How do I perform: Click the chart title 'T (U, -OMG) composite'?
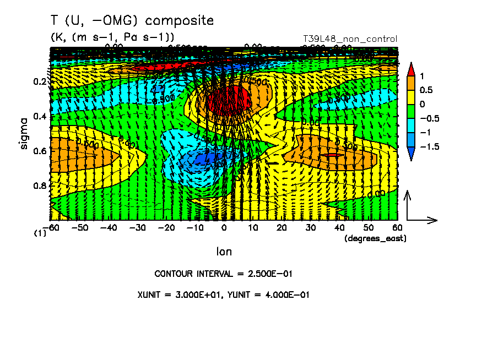132,21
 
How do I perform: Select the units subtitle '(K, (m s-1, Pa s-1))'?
112,37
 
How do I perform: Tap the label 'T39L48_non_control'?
350,39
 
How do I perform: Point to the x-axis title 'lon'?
224,252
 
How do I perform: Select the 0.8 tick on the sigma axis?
40,186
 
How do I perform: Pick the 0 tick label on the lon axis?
224,227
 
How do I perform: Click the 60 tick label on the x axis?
397,227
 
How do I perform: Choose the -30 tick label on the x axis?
138,227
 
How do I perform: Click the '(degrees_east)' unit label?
375,238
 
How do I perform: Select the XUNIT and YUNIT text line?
224,294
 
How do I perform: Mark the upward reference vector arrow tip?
407,192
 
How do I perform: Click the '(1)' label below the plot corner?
40,233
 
